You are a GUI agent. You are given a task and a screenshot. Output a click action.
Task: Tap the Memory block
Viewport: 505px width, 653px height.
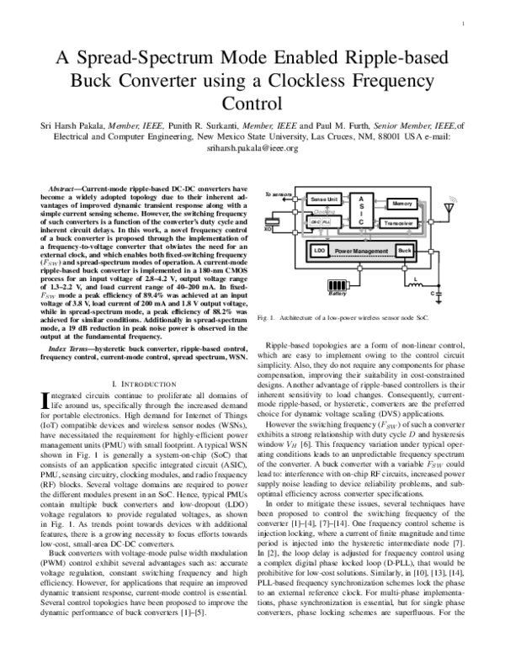(401, 204)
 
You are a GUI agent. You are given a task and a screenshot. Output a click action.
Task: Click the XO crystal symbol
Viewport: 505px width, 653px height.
(269, 227)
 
